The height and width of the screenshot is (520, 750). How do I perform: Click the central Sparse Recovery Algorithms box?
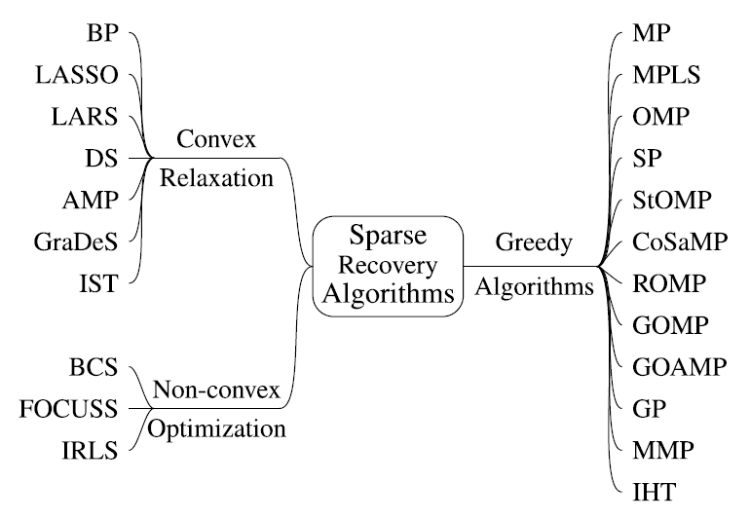pos(388,266)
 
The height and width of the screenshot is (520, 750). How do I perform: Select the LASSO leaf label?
pos(77,75)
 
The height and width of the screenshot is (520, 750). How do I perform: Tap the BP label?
pos(102,33)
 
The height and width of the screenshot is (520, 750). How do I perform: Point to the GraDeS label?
pos(76,241)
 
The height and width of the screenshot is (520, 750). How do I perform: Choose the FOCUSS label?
pos(68,409)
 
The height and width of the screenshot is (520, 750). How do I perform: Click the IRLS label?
pos(90,451)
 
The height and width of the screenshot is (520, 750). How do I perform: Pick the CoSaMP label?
pos(680,241)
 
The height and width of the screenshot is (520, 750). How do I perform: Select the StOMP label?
pos(671,200)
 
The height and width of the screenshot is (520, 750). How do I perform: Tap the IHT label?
pos(654,493)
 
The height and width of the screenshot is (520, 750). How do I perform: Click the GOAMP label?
pos(679,367)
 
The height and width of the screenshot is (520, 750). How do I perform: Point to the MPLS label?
pos(666,75)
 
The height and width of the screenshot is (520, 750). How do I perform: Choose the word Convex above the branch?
pos(216,138)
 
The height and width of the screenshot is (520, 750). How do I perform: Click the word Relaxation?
pos(216,178)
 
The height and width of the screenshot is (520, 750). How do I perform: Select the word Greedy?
pos(534,242)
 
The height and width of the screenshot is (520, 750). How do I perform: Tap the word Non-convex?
pos(216,390)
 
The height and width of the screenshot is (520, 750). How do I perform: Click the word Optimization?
pos(216,428)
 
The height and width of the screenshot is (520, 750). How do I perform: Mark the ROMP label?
pos(669,283)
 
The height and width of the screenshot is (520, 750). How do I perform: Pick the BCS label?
pos(94,367)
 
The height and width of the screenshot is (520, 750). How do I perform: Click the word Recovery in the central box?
pos(388,266)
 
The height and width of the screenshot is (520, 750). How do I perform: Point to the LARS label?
pos(85,117)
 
